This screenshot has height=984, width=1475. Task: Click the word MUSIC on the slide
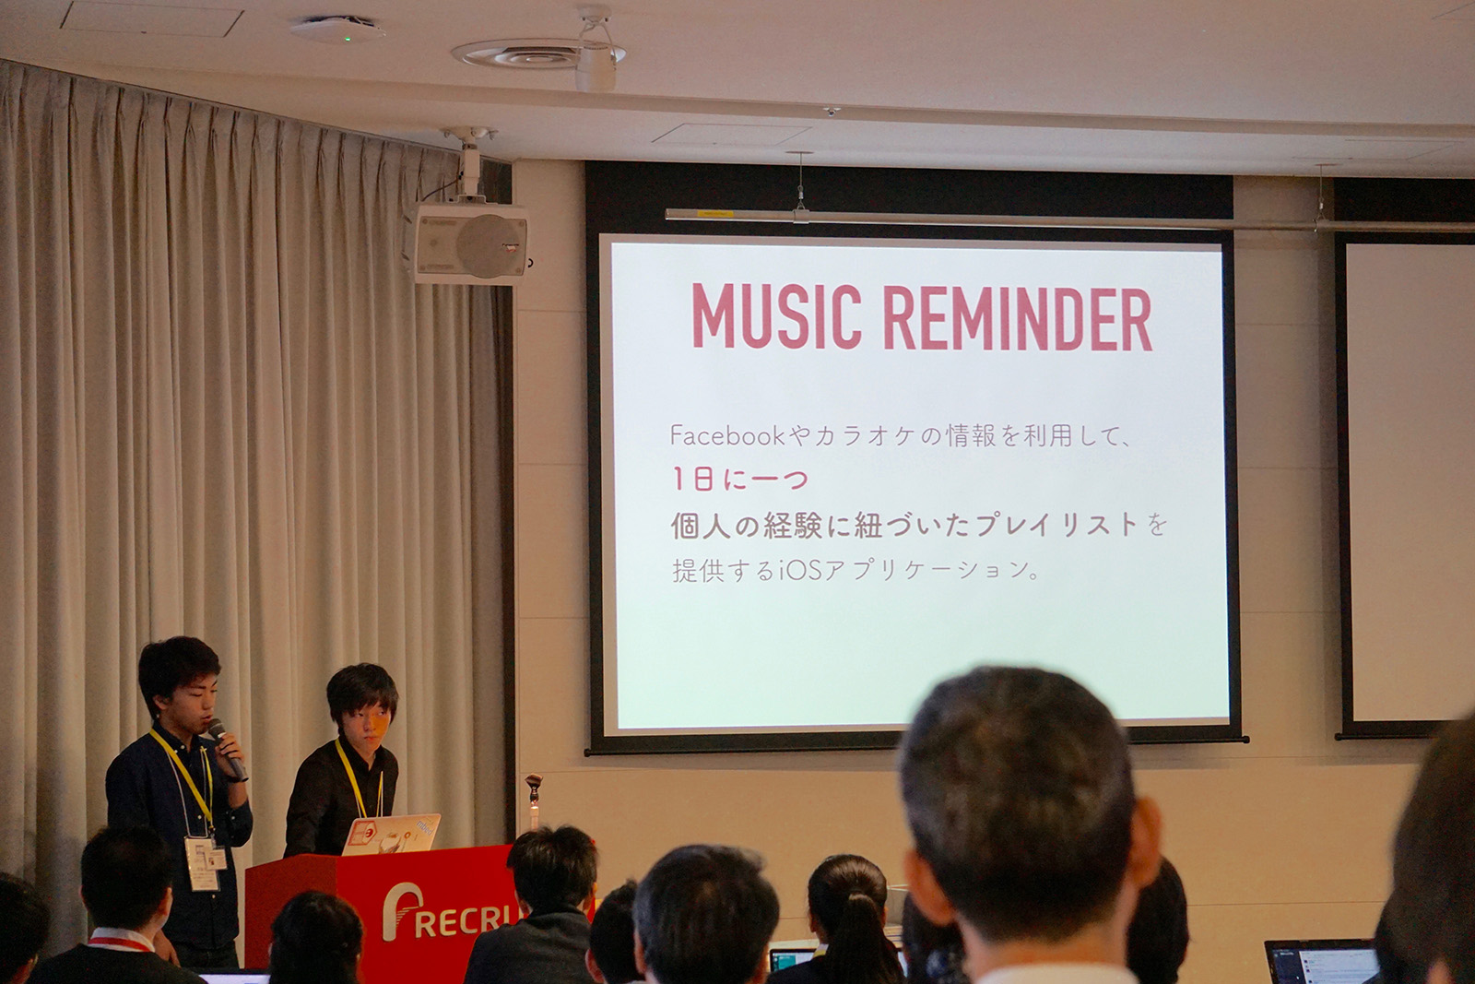(776, 316)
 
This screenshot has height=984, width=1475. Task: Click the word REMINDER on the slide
(1018, 318)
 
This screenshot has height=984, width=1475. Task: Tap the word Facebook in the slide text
(726, 435)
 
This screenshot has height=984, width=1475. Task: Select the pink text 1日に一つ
(739, 479)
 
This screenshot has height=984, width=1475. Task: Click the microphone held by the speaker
(227, 749)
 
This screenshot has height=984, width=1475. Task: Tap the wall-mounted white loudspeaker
(466, 244)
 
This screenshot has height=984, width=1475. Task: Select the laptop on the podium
(390, 834)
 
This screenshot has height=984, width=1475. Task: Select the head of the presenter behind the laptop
(362, 705)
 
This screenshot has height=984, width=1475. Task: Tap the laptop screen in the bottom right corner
(1321, 963)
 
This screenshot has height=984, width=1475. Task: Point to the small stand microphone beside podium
(533, 788)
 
